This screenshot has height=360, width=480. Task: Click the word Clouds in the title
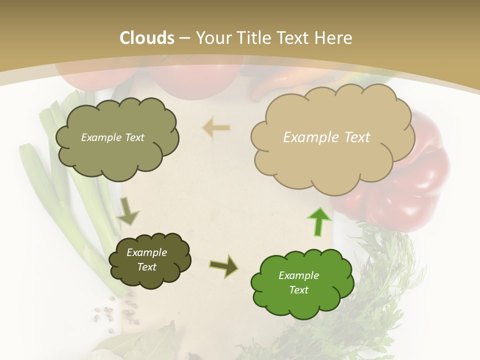[147, 38]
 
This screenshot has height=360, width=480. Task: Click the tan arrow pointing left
[216, 128]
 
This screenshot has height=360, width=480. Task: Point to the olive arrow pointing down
[127, 211]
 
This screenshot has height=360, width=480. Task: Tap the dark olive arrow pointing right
[224, 266]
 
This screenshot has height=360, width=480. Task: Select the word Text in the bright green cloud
[299, 290]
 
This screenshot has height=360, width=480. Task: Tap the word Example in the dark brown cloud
[146, 252]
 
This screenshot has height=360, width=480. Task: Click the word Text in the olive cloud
[133, 137]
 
